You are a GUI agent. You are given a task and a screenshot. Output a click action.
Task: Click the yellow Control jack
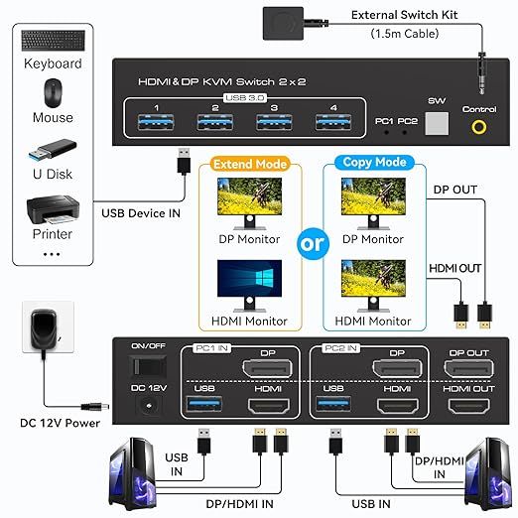(x=481, y=128)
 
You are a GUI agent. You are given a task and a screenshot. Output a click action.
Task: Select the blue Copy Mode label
(x=371, y=162)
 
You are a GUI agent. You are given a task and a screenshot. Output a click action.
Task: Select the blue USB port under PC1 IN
(x=202, y=407)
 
